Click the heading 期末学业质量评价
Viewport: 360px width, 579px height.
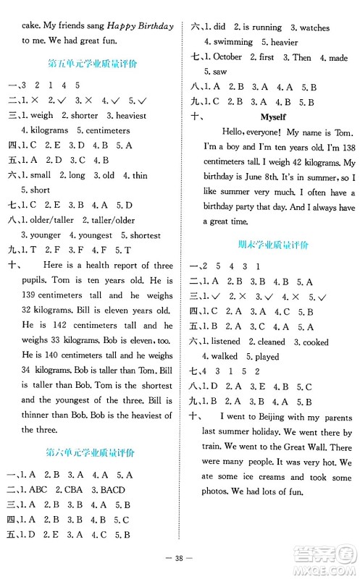click(x=273, y=245)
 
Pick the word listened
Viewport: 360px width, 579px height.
click(x=225, y=342)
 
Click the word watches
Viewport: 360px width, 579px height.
click(x=314, y=28)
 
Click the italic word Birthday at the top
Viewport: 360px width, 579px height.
click(x=156, y=26)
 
